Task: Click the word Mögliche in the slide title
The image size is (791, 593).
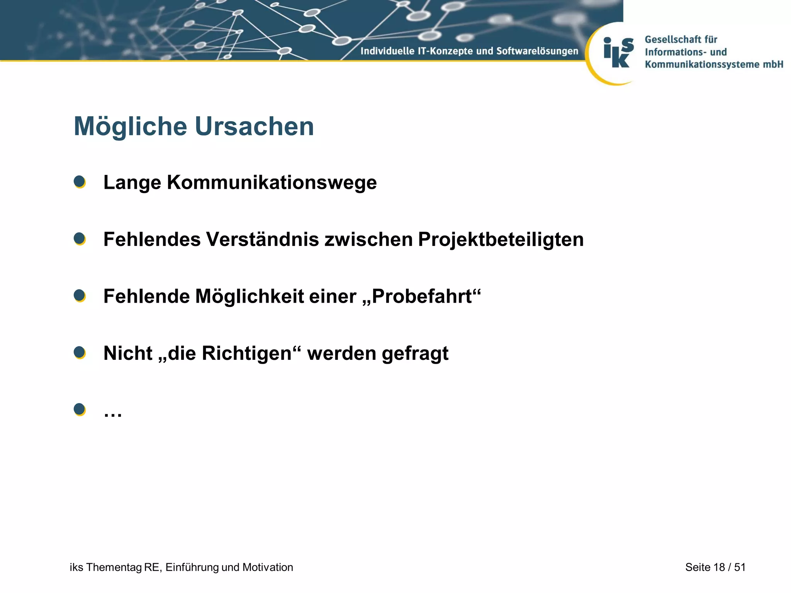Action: (x=130, y=127)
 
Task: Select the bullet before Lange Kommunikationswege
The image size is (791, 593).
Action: (x=80, y=182)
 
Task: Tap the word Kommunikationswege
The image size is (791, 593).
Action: (x=272, y=183)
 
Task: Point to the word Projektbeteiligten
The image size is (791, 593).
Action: (x=501, y=240)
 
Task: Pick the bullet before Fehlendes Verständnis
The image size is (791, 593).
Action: (x=80, y=239)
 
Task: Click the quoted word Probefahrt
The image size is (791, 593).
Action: (x=422, y=296)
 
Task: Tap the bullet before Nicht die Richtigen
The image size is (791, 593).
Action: (x=80, y=352)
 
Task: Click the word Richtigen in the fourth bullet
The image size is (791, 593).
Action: (x=246, y=353)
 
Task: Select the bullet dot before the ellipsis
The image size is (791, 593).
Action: (x=80, y=409)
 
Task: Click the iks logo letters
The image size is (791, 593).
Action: (x=618, y=53)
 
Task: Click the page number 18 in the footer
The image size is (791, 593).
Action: (x=719, y=567)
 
